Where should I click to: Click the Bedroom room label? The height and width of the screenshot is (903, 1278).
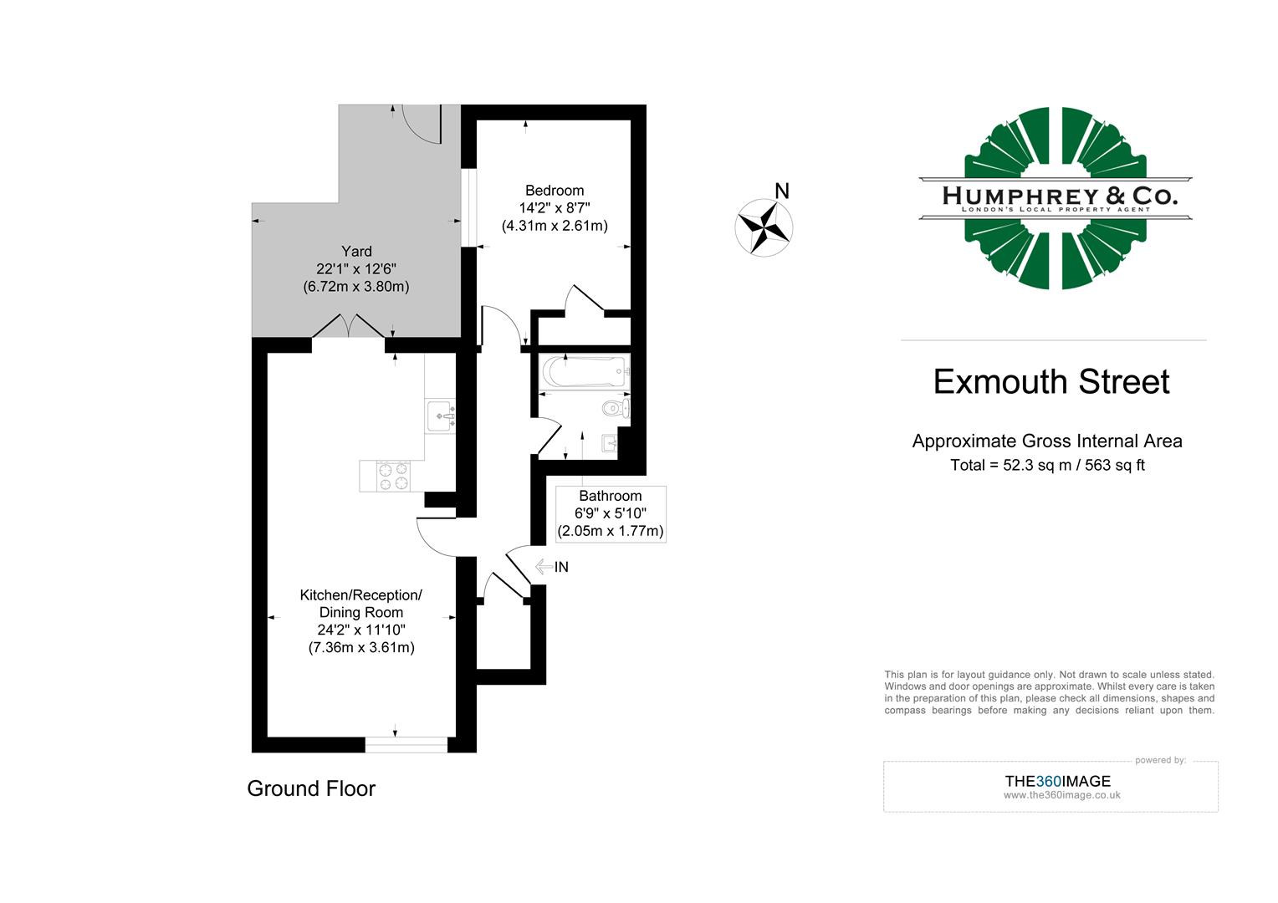click(554, 191)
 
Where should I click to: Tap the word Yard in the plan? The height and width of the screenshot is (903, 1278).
click(356, 252)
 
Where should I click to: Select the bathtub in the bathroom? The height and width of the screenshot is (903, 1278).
click(584, 371)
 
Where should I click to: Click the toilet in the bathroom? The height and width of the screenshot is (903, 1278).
click(616, 409)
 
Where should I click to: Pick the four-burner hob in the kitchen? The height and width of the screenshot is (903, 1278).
click(393, 476)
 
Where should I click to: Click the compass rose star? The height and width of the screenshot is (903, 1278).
click(764, 227)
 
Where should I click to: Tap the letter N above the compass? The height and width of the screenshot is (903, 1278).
click(782, 191)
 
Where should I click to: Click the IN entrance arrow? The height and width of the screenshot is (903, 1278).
click(552, 567)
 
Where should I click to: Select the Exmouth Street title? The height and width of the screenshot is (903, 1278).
click(1051, 382)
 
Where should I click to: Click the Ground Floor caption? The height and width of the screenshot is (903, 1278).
click(311, 788)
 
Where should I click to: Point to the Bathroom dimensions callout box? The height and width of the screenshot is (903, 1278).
click(611, 513)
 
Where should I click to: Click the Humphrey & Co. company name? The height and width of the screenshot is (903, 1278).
click(1059, 196)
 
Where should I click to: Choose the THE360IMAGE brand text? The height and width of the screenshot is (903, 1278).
click(1057, 781)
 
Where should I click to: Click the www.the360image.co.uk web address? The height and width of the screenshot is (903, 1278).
click(1061, 795)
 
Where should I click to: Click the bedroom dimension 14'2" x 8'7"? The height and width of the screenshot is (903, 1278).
click(554, 208)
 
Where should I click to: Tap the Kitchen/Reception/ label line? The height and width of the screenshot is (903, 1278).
click(360, 595)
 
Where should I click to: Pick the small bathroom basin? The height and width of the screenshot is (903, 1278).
click(608, 442)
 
